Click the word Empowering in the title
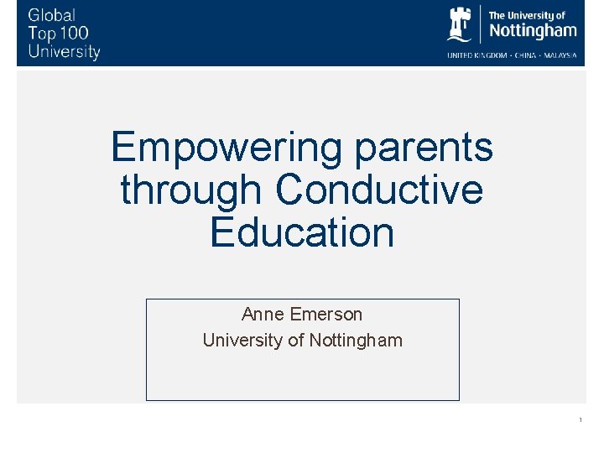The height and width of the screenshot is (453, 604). click(226, 148)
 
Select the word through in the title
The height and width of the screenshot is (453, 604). click(191, 190)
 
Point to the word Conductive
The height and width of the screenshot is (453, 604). click(379, 190)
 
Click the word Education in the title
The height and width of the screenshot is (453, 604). click(302, 232)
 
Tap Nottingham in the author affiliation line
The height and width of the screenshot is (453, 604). click(356, 341)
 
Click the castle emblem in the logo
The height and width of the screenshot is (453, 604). click(460, 23)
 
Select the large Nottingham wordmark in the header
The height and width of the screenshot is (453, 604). click(533, 32)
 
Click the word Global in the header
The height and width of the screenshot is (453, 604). click(52, 15)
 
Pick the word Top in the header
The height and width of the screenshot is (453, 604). click(40, 34)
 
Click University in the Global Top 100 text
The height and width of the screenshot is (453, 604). click(64, 52)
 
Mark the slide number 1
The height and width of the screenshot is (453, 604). click(580, 419)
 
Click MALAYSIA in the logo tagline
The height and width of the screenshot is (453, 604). click(559, 55)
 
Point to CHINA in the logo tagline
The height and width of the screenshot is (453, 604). click(525, 55)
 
